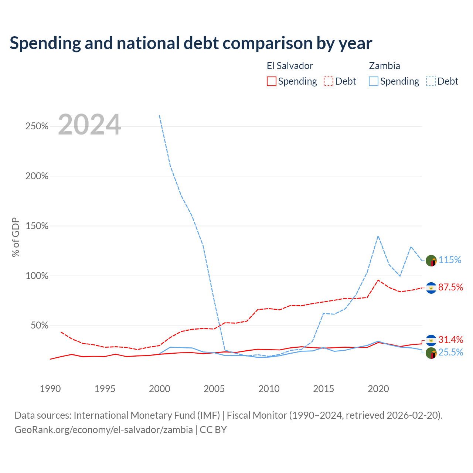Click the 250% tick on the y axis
37,126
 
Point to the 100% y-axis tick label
37,276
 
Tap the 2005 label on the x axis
214,389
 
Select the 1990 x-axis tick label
50,389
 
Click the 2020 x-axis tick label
378,389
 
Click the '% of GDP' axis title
16,237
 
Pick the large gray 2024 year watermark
89,124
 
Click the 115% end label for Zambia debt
450,260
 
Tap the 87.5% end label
451,287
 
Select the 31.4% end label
451,340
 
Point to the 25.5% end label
451,352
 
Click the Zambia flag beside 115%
431,261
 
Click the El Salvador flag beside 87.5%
431,288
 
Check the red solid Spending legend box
271,81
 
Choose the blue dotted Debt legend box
431,81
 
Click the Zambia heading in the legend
384,66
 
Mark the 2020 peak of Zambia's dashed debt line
378,236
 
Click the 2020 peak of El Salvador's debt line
378,280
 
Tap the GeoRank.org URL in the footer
103,430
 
